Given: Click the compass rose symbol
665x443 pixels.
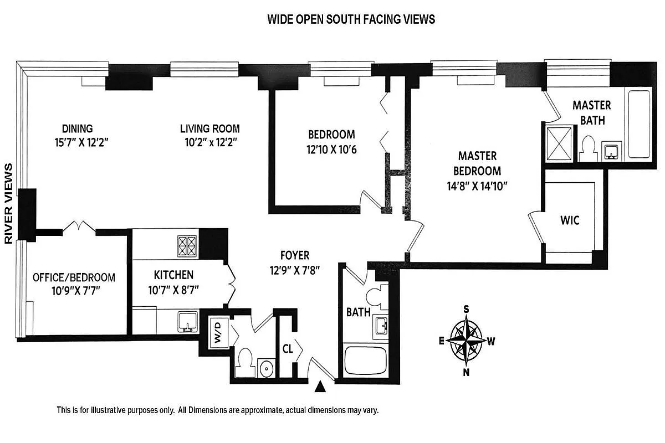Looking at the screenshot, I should tap(467, 340).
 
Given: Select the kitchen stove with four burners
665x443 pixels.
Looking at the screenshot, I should tap(186, 246).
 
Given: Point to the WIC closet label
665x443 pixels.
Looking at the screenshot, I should tap(570, 220).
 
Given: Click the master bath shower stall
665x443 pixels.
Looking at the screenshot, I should tap(559, 142).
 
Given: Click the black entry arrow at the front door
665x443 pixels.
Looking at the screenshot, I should tap(320, 387).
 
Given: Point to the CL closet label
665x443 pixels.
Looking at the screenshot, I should tap(287, 349).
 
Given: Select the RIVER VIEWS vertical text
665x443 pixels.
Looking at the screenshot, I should tap(9, 204).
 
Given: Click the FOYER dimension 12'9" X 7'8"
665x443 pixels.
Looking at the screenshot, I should tap(294, 271).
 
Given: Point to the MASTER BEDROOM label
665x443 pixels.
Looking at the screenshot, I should tap(477, 163).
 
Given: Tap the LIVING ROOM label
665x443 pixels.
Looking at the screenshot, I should tap(209, 128).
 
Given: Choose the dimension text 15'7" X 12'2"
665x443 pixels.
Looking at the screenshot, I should tap(77, 141).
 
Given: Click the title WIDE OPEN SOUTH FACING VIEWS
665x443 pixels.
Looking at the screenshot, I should tap(351, 19).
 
